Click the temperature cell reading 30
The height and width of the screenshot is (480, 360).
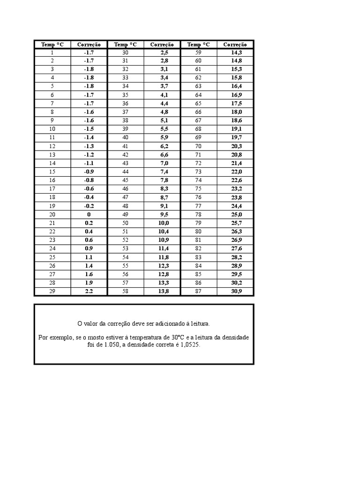[x=125, y=52]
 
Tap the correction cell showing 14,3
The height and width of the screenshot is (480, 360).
[x=236, y=52]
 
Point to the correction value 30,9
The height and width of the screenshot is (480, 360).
[x=236, y=292]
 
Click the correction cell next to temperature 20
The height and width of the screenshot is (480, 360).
[x=89, y=214]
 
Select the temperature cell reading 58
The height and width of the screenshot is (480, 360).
[x=125, y=292]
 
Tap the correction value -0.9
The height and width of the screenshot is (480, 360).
[x=89, y=172]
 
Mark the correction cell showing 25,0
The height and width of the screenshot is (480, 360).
[x=236, y=214]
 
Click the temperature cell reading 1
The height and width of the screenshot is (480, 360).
[x=52, y=52]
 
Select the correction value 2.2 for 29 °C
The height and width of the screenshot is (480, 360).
[x=89, y=292]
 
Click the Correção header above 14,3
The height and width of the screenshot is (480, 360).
[x=235, y=45]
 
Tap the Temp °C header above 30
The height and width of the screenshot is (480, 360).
[x=125, y=45]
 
